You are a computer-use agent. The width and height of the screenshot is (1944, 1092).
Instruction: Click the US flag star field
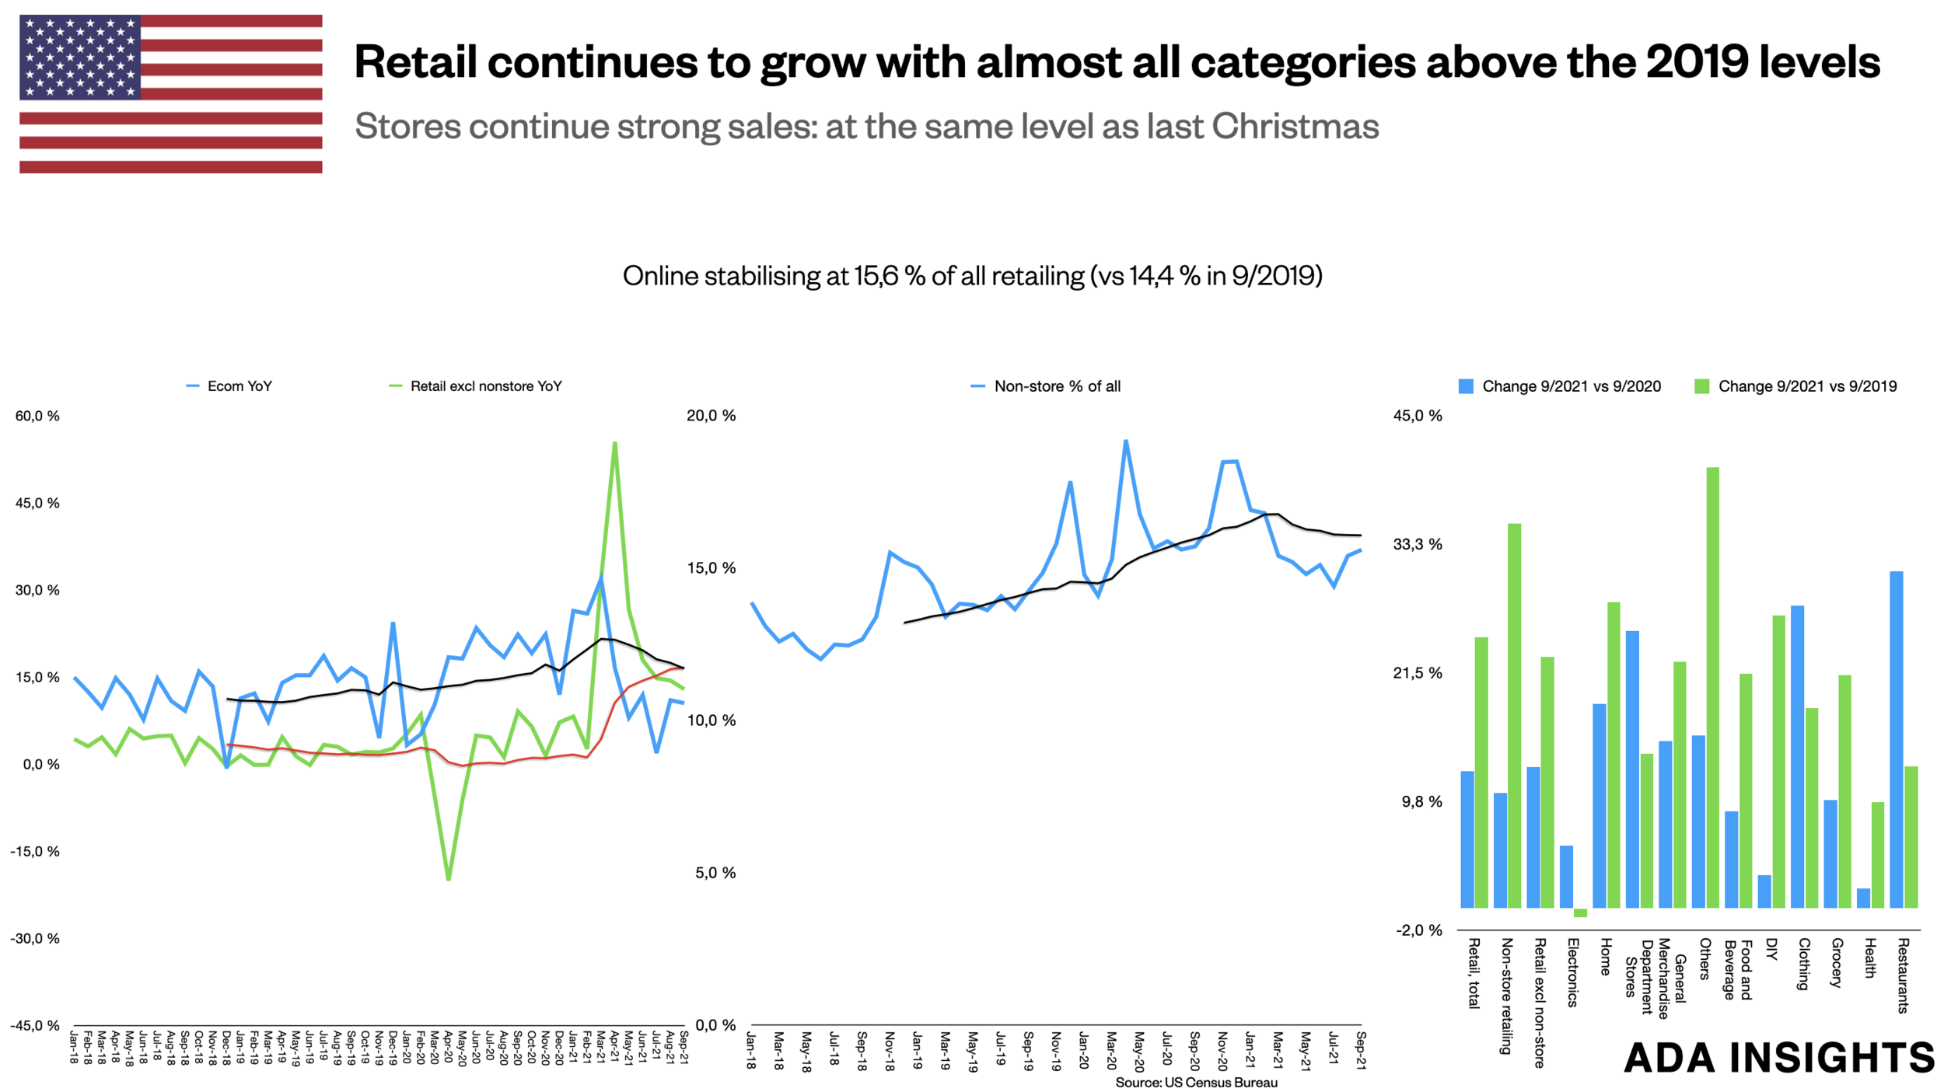80,58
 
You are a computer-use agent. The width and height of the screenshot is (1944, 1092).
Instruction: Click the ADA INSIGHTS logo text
1779,1058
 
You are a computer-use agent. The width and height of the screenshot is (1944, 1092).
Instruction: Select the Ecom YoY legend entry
230,386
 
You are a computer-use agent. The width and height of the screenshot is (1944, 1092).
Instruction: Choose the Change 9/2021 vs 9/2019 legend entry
1796,386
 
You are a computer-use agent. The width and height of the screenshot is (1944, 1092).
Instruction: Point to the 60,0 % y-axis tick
37,416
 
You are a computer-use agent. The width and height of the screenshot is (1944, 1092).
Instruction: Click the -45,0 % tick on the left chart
35,1025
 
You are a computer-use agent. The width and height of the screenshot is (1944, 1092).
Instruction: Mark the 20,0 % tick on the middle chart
711,416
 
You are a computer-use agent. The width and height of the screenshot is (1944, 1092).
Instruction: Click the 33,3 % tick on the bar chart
1418,544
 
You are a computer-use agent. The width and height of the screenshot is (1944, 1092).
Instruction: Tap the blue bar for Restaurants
1897,738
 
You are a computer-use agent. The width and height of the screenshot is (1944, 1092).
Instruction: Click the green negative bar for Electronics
1580,912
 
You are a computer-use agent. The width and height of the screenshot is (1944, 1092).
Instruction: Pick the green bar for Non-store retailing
1514,715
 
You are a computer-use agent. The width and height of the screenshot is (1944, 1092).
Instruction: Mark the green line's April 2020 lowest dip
449,879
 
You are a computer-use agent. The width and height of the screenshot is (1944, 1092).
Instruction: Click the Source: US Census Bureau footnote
1196,1083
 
